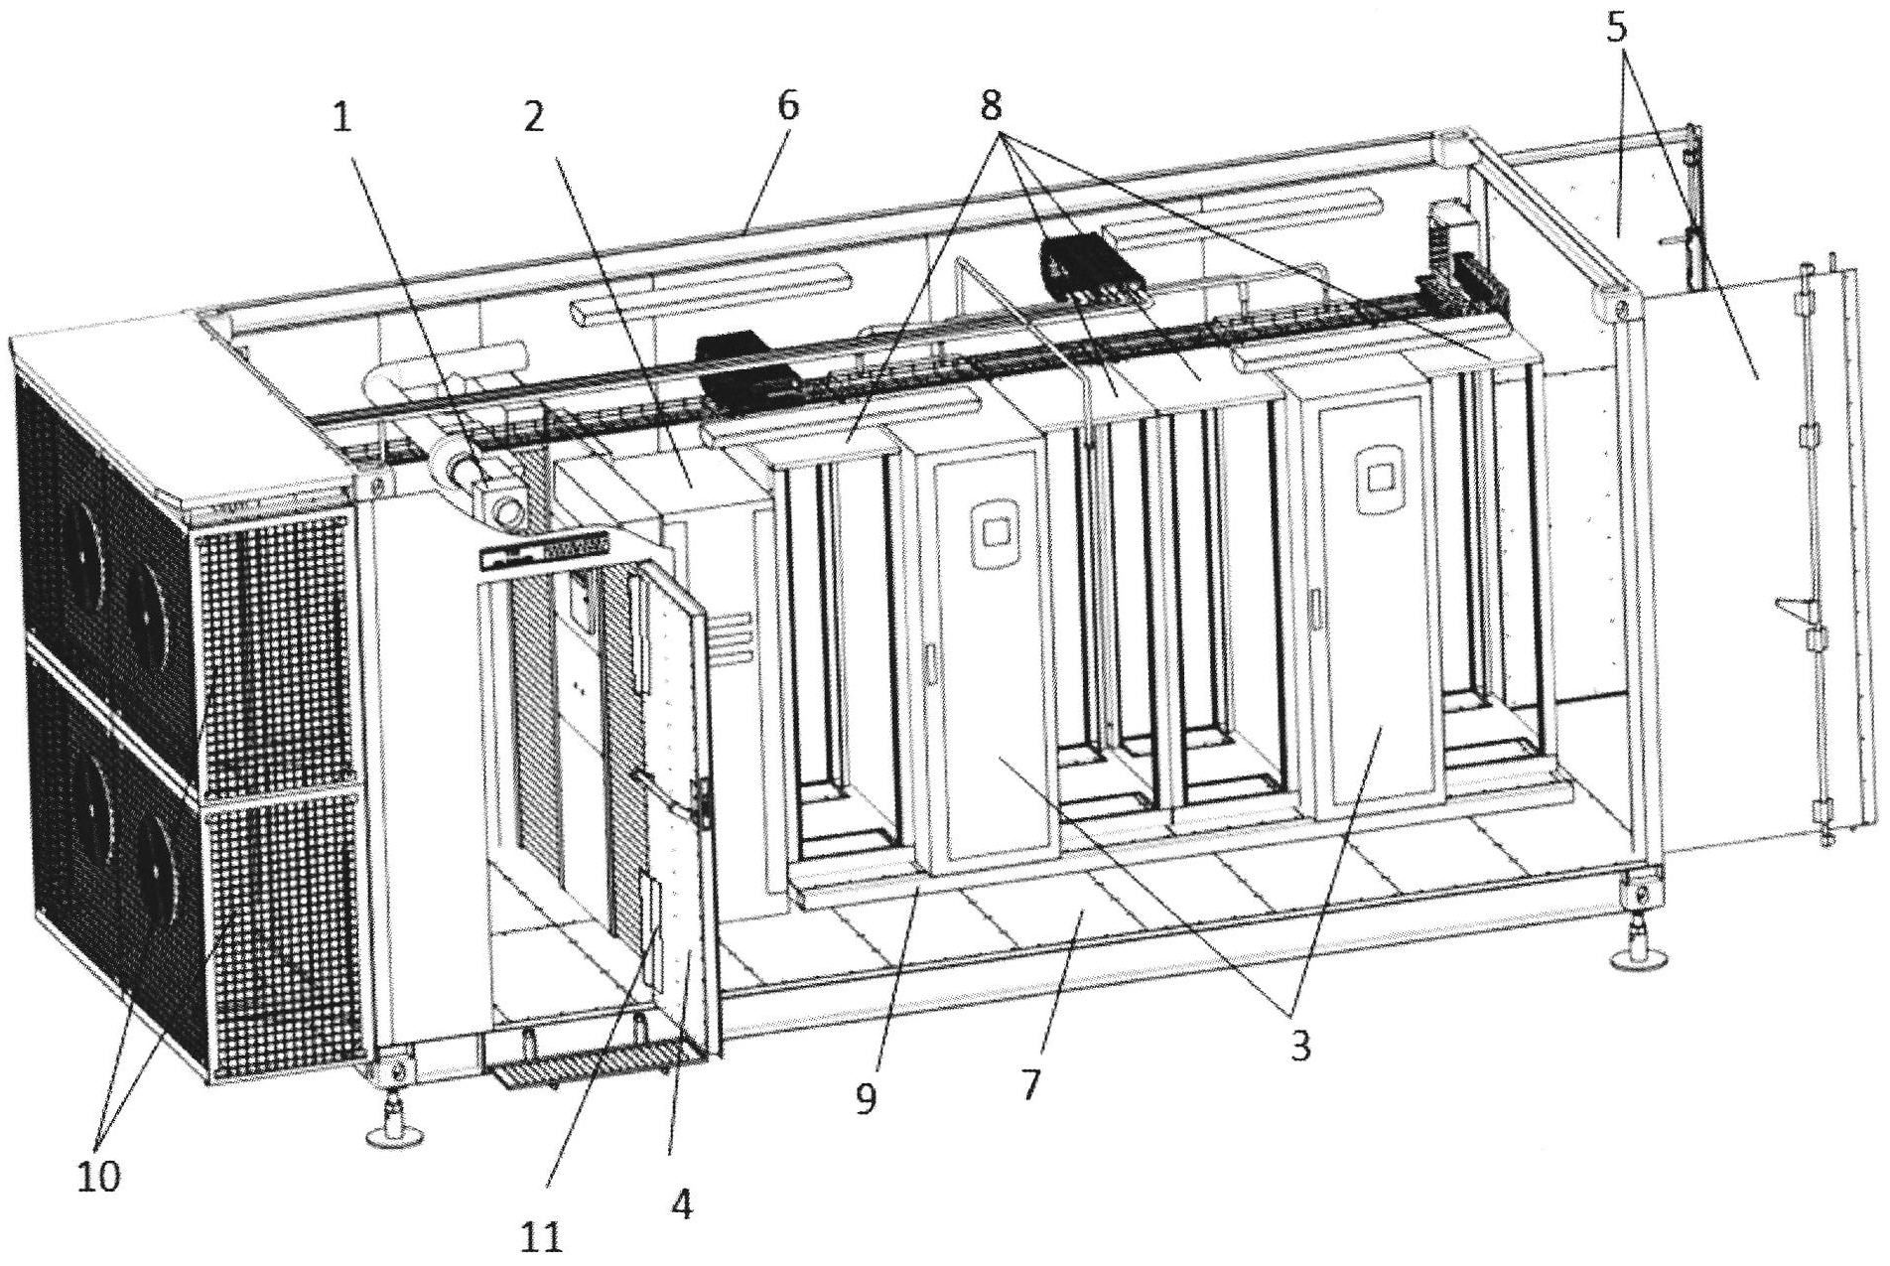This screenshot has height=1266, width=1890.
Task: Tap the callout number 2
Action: [x=533, y=119]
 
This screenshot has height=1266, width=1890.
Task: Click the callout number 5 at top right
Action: [x=1616, y=28]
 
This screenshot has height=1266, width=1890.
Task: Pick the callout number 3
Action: [x=1299, y=1046]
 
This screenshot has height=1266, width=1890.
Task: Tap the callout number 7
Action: [x=1030, y=1084]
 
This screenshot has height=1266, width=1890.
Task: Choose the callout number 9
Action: [x=866, y=1099]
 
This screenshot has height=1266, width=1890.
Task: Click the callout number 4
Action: [x=681, y=1205]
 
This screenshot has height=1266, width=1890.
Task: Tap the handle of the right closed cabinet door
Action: [x=1314, y=608]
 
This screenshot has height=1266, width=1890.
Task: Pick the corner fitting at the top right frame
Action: [x=1617, y=305]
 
